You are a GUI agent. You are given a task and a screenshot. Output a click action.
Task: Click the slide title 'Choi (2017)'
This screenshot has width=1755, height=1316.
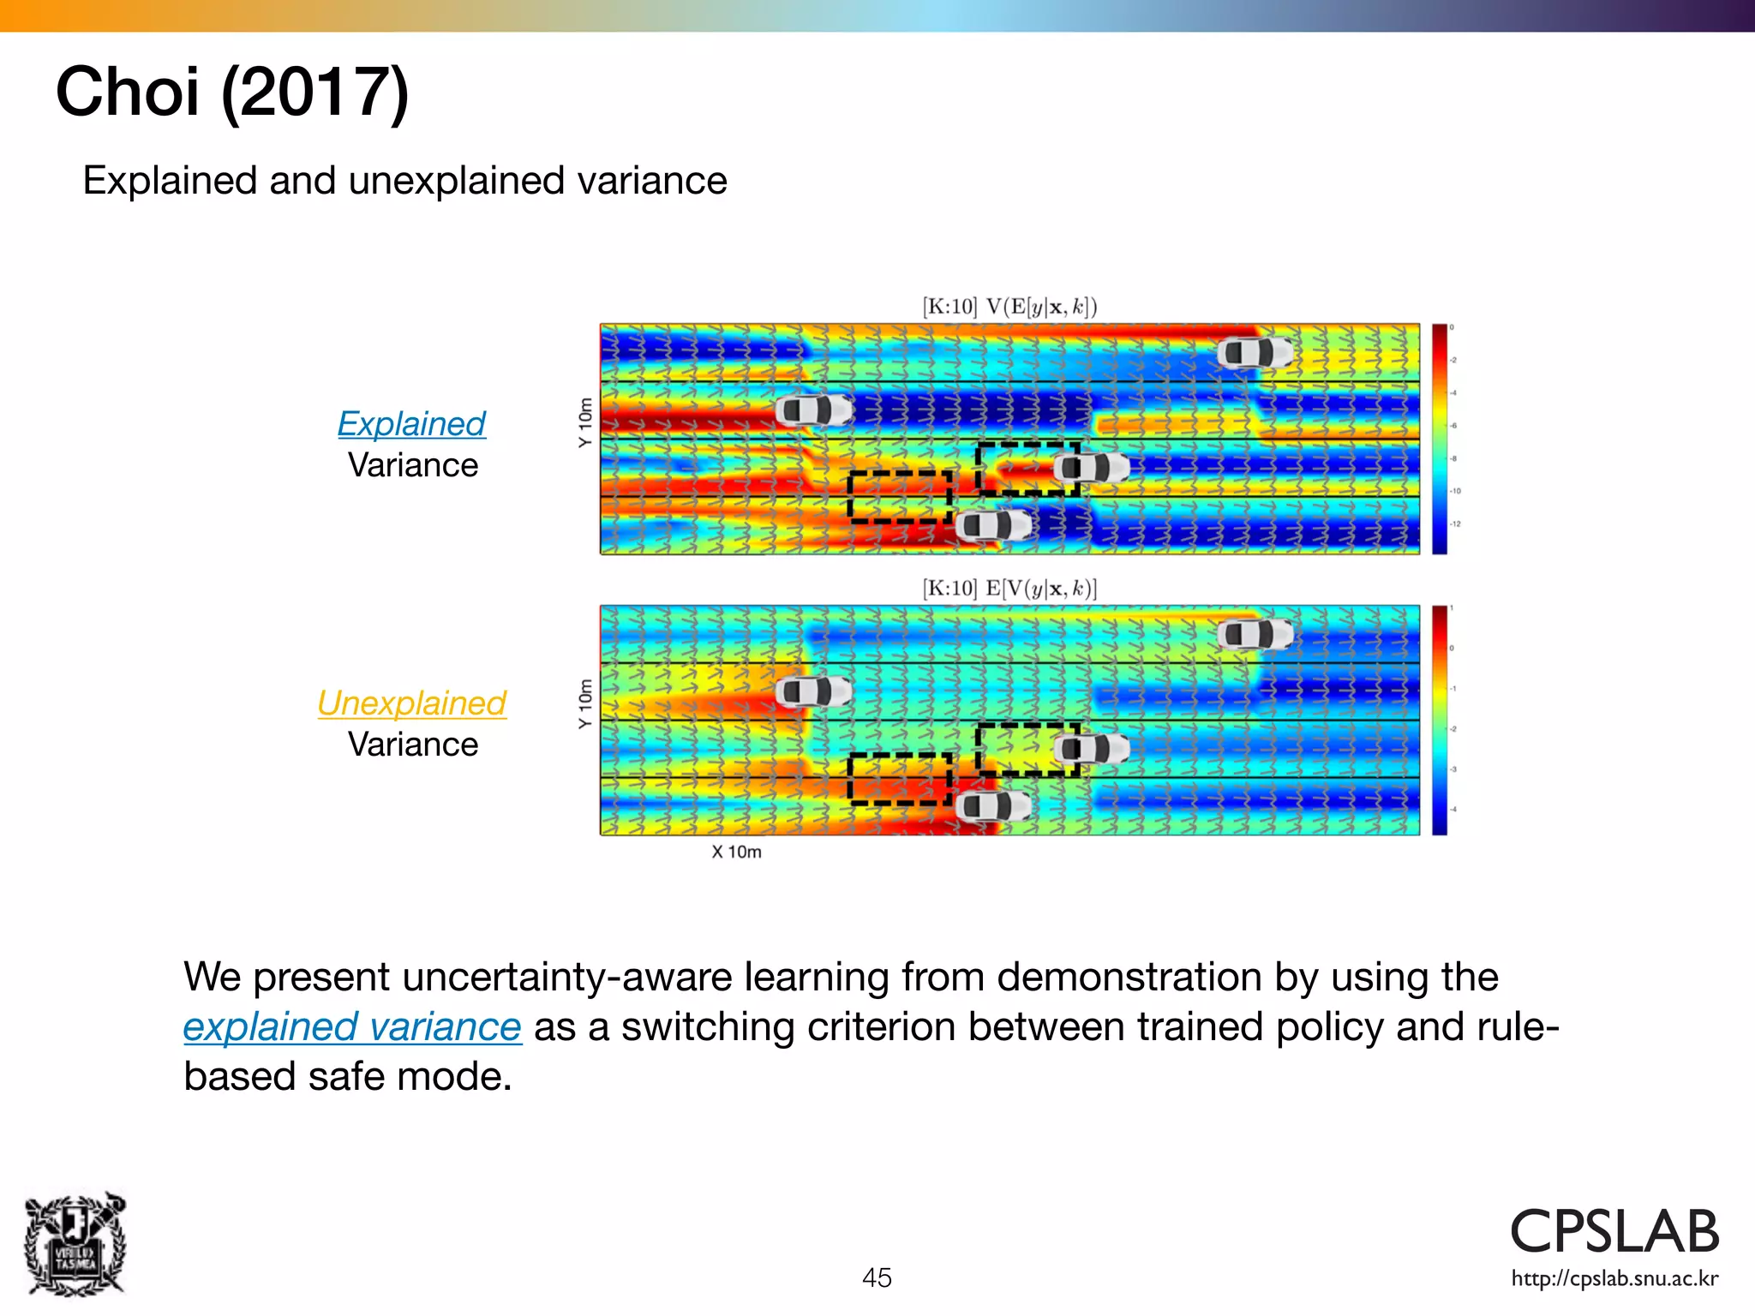point(232,92)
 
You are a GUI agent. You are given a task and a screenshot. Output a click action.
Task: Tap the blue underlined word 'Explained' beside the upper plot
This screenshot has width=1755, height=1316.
point(411,424)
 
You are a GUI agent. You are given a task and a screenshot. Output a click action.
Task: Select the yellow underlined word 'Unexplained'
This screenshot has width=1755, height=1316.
point(411,703)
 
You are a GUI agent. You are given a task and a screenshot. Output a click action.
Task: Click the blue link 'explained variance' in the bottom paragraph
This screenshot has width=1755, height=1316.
point(352,1026)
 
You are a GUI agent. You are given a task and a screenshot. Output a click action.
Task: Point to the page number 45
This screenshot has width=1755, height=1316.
point(877,1277)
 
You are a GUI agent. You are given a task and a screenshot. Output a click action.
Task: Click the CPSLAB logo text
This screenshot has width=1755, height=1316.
point(1614,1232)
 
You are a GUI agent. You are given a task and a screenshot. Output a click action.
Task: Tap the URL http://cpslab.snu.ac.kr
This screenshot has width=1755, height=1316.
point(1614,1279)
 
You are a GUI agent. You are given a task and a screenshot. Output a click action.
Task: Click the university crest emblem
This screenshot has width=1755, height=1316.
point(75,1243)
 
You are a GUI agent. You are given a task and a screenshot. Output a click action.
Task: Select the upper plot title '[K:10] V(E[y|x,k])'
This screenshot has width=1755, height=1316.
point(1009,307)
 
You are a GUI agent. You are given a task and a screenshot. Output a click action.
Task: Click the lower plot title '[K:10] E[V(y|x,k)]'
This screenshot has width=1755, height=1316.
point(1009,589)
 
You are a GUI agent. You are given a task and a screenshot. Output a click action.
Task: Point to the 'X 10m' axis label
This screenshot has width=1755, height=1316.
point(736,852)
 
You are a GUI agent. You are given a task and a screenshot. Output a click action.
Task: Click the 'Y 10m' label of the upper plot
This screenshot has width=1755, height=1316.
point(585,422)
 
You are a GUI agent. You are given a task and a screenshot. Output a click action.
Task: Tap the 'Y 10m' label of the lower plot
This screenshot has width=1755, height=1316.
point(585,703)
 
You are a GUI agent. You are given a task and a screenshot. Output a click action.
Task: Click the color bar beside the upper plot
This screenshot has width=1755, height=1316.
point(1440,439)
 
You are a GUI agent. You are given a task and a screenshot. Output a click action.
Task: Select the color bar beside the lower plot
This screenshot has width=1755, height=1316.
point(1440,720)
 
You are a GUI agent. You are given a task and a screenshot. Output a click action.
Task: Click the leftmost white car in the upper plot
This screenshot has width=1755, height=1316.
point(814,410)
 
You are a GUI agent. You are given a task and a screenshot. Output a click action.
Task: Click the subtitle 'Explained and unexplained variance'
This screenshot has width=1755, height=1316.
point(404,181)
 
